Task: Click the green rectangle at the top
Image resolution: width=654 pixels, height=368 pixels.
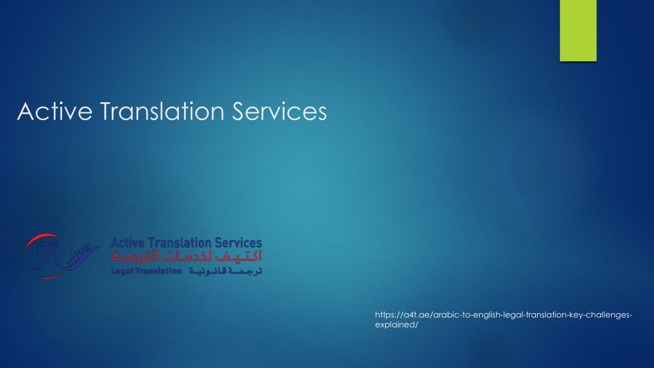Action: tap(578, 31)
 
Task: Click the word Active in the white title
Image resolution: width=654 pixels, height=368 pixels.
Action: tap(55, 111)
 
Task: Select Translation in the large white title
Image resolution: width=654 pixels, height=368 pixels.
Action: tap(162, 111)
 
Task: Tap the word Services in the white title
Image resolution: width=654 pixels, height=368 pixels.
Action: tap(279, 111)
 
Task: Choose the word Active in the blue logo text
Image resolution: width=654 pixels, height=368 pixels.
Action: tap(128, 242)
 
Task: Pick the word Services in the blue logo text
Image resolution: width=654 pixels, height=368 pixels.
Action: tap(238, 242)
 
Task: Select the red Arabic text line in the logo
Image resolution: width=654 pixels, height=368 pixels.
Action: tap(186, 256)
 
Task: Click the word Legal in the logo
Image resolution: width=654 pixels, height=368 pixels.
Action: tap(122, 271)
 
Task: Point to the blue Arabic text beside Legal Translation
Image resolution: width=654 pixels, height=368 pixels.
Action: tap(225, 271)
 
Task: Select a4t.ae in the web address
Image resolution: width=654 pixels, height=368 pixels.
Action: tap(415, 315)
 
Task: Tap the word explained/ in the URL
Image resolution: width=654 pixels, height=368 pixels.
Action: tap(397, 325)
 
